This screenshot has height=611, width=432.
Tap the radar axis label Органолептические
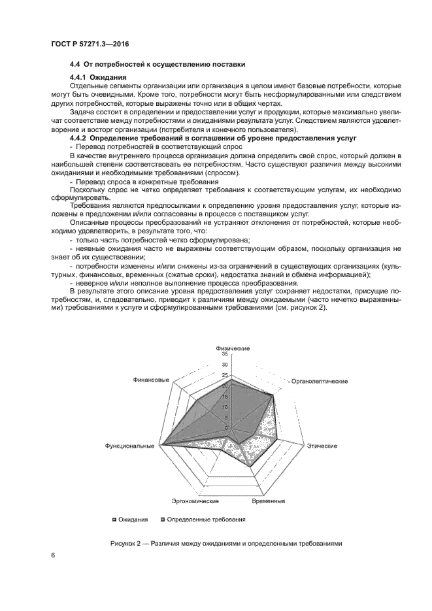(319, 380)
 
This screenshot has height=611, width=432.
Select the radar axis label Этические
(322, 446)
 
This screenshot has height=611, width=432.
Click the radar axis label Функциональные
(129, 446)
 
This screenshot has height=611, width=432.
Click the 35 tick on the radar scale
(225, 354)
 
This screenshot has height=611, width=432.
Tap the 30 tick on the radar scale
(225, 365)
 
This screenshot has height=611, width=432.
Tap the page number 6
(52, 555)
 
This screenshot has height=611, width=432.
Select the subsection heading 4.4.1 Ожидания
(97, 78)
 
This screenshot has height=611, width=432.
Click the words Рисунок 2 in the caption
(125, 543)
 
